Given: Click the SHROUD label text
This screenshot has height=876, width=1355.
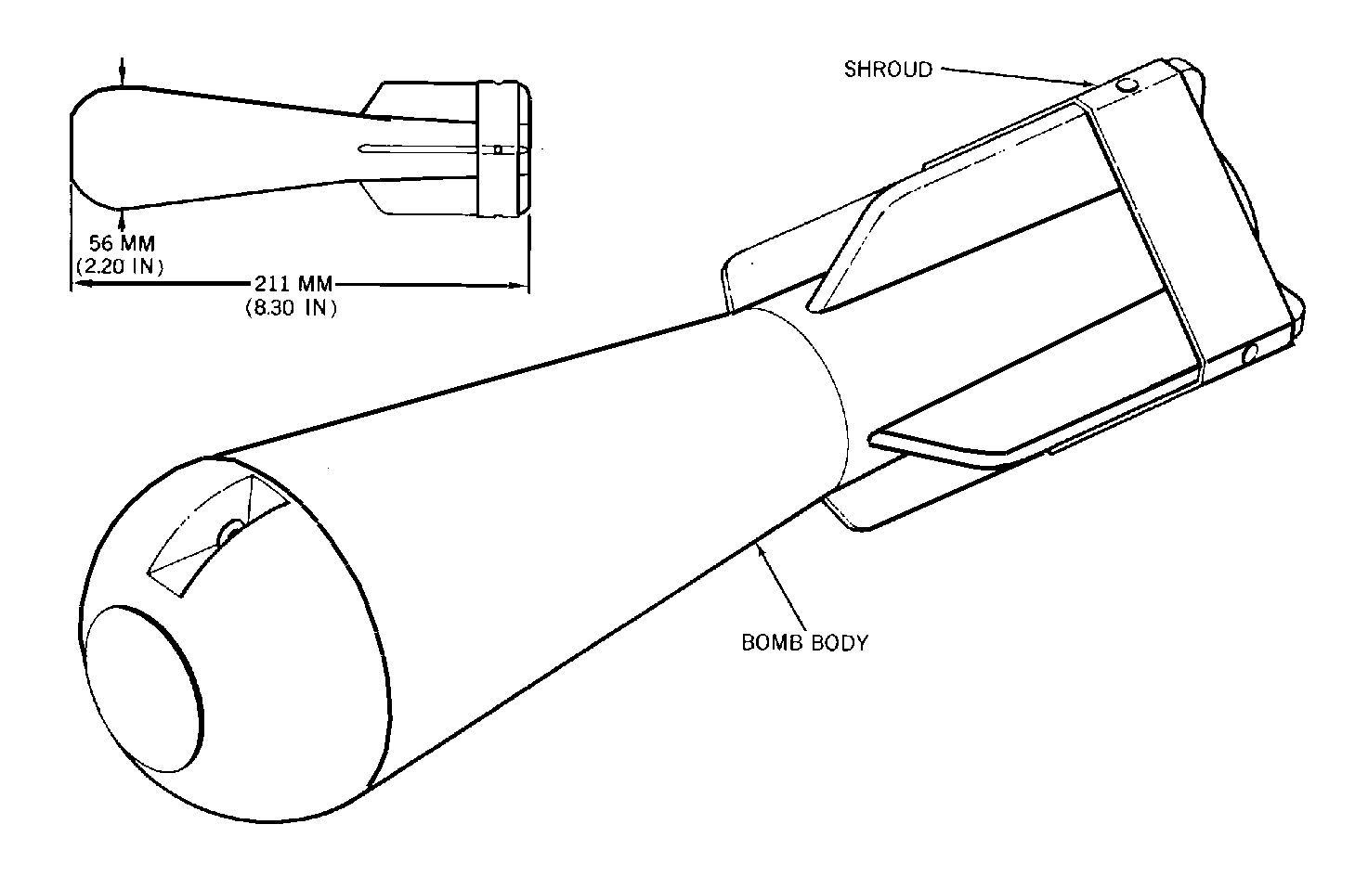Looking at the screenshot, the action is (x=888, y=70).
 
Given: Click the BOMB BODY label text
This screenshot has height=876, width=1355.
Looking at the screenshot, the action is (x=804, y=643).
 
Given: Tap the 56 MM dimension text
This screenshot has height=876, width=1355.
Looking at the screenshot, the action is (x=123, y=243).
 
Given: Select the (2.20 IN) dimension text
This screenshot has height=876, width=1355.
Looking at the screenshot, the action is (x=121, y=266).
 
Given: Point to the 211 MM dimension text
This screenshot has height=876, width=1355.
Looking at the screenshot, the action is (x=293, y=284).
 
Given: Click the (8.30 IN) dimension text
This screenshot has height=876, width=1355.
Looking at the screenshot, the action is (x=291, y=308).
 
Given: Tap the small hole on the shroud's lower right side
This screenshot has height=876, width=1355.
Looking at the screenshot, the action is (x=1250, y=354).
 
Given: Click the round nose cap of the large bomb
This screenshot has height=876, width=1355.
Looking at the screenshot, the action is (x=144, y=689).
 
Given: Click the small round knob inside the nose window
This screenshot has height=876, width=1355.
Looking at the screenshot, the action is (x=231, y=533).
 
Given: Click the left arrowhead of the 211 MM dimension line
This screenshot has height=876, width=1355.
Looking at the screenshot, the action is (x=80, y=284).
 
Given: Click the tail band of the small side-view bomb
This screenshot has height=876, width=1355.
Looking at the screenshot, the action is (x=502, y=148).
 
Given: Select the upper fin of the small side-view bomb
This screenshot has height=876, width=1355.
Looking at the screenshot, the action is (x=417, y=101).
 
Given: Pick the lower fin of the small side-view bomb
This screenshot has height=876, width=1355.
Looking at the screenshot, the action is (x=417, y=196).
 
